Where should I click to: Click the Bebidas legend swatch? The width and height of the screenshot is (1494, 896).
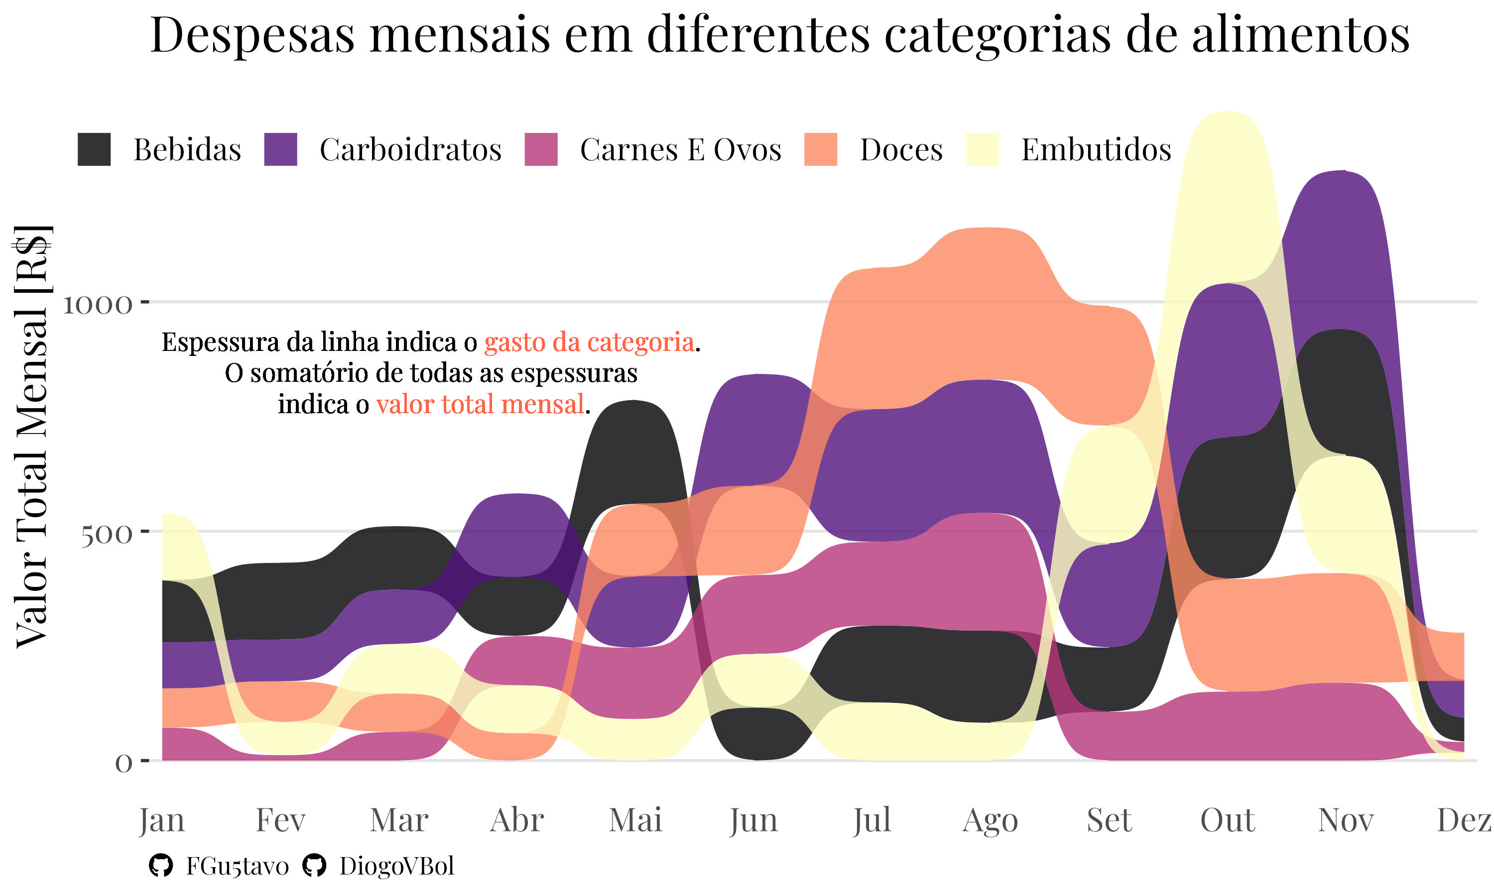click(94, 149)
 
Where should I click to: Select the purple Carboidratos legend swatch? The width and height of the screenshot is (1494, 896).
click(281, 149)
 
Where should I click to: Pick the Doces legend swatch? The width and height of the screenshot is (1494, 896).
click(821, 149)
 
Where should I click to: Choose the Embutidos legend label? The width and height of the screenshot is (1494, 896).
click(1096, 150)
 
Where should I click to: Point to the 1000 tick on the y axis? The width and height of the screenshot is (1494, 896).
click(97, 304)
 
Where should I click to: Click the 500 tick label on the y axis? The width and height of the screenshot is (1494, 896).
click(106, 534)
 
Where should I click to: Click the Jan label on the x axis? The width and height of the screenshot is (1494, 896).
click(161, 820)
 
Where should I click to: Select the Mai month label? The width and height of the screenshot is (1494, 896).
click(635, 820)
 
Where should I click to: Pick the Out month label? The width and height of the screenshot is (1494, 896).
click(1227, 820)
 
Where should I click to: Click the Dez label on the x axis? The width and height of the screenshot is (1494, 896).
click(1464, 820)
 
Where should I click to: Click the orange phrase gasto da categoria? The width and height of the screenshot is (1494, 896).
click(589, 342)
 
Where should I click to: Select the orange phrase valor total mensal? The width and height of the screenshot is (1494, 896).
click(480, 404)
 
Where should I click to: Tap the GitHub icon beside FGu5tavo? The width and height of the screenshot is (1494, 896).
click(161, 866)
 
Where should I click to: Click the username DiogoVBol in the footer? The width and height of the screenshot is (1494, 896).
click(396, 866)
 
